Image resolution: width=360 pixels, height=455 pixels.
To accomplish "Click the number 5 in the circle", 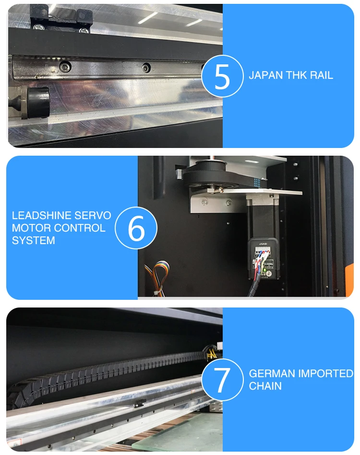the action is click(222, 76).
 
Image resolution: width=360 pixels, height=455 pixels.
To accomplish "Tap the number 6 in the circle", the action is click(136, 228).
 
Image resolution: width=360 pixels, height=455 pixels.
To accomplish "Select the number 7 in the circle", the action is click(222, 380).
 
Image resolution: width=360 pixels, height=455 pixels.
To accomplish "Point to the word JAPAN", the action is click(265, 75).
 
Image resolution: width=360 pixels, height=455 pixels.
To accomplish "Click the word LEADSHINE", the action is click(41, 215).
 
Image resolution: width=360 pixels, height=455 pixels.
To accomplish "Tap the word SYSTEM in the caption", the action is click(33, 240).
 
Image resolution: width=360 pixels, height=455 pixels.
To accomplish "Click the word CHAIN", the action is click(265, 386).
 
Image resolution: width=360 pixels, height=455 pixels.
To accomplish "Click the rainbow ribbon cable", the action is click(158, 276).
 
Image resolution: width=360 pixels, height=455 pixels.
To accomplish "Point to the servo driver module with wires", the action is click(264, 259).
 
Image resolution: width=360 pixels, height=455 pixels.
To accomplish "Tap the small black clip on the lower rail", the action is click(141, 403).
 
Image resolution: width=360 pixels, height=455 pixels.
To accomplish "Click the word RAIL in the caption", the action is click(322, 75).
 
